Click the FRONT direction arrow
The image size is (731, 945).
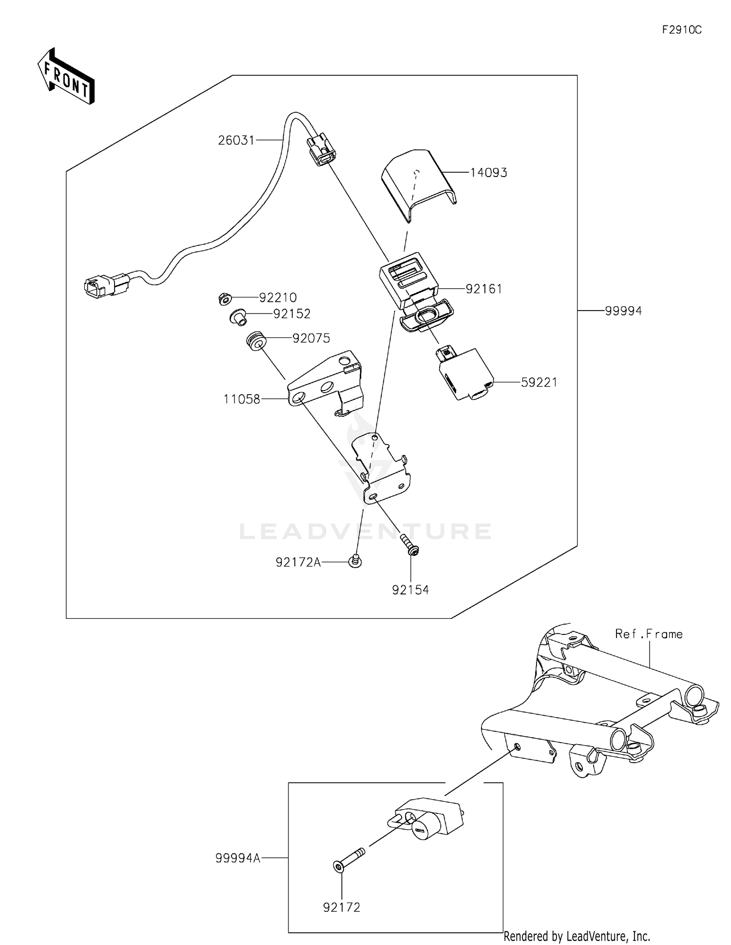pyautogui.click(x=66, y=77)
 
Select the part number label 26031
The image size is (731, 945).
pyautogui.click(x=236, y=140)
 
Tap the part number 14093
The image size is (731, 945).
pyautogui.click(x=488, y=173)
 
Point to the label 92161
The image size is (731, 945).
pyautogui.click(x=483, y=289)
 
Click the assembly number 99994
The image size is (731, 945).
pyautogui.click(x=623, y=311)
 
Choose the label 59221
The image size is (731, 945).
pyautogui.click(x=539, y=382)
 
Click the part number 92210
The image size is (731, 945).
pyautogui.click(x=278, y=297)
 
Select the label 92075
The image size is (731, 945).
pyautogui.click(x=311, y=338)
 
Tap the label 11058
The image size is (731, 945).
pyautogui.click(x=242, y=399)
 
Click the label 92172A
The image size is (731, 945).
pyautogui.click(x=298, y=563)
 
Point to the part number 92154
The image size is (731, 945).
pyautogui.click(x=410, y=590)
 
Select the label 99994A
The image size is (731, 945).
pyautogui.click(x=238, y=858)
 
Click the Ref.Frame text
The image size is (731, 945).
pyautogui.click(x=649, y=634)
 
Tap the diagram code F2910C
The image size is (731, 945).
pyautogui.click(x=682, y=30)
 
